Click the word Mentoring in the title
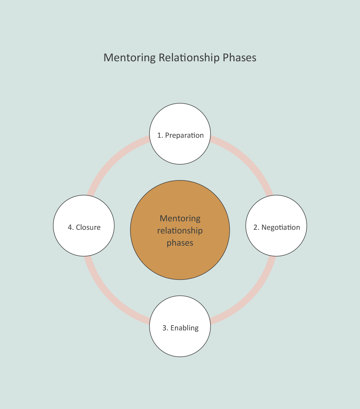(x=130, y=58)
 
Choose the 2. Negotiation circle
(x=276, y=241)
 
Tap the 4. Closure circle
(x=84, y=241)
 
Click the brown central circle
(x=180, y=262)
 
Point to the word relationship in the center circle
(x=180, y=231)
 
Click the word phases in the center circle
(x=180, y=243)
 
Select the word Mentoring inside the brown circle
(x=180, y=219)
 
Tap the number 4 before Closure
(x=70, y=227)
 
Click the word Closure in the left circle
(x=88, y=227)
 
